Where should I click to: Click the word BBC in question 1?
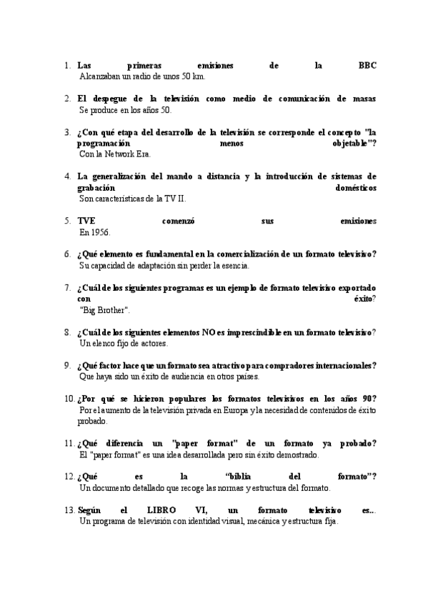(367, 65)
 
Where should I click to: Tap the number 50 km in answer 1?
(194, 76)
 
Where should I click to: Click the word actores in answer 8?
(152, 343)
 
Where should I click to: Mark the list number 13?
(69, 511)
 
